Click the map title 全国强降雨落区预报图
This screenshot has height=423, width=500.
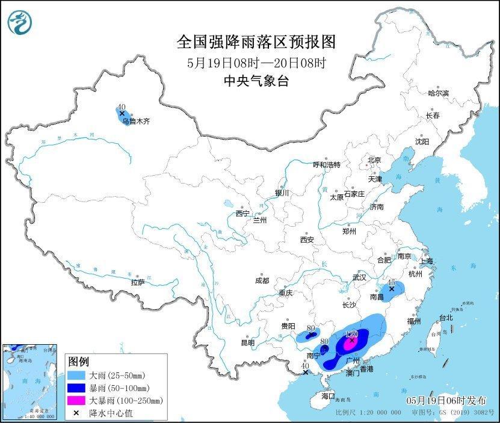[256, 42]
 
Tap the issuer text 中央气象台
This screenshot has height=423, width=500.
[256, 81]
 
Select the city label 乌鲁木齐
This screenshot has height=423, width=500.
[135, 121]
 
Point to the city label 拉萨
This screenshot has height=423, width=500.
[137, 282]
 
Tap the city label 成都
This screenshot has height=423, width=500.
[262, 280]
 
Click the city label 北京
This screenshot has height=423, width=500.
[374, 160]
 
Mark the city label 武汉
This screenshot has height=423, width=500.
[359, 278]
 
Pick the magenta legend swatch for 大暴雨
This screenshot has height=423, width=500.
[78, 400]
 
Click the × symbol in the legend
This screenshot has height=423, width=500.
[77, 413]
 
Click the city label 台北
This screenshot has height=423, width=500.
[445, 317]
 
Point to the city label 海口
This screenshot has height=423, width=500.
[327, 397]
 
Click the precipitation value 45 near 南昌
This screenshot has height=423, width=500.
[391, 282]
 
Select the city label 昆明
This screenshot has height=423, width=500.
[248, 343]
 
